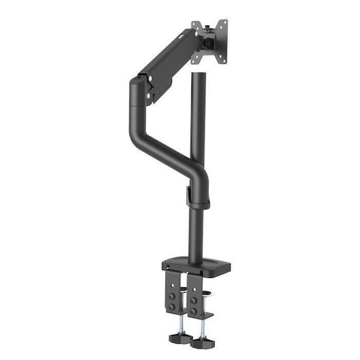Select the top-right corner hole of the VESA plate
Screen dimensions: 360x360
(225, 22)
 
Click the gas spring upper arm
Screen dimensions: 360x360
(170, 60)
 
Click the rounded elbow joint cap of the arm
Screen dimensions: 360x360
(137, 87)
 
